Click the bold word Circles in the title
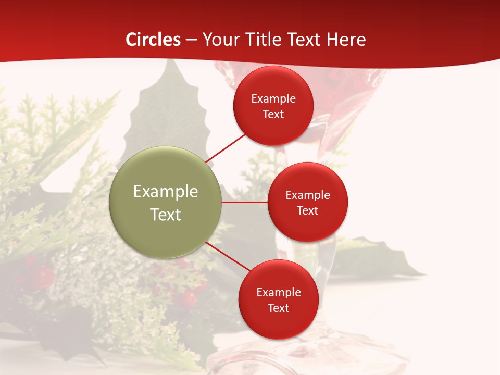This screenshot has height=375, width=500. tap(153, 40)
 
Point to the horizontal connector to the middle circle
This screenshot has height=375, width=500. tap(245, 202)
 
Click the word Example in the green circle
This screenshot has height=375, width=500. tap(166, 192)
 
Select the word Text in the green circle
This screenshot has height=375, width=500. tap(166, 215)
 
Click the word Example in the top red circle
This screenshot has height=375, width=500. tap(273, 99)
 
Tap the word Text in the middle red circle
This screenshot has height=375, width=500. tap(308, 211)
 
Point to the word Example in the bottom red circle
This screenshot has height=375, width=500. tap(278, 293)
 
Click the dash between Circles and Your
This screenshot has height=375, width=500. tap(191, 40)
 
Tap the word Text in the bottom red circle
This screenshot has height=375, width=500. tap(278, 308)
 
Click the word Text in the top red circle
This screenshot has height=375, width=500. tap(273, 115)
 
